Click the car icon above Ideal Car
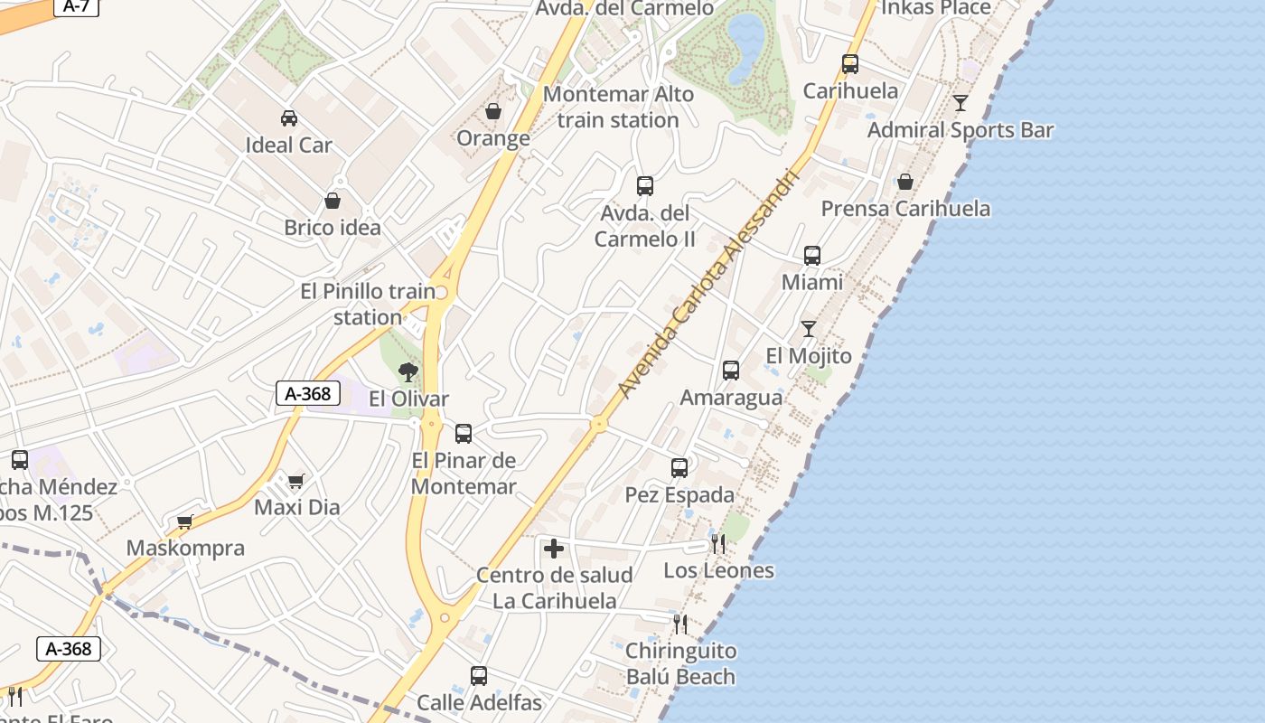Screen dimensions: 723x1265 point(289,117)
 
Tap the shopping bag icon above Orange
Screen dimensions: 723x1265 point(493,111)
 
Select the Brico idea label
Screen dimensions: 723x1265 point(333,227)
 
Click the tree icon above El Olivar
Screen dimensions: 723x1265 point(408,371)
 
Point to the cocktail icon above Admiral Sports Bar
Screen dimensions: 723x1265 point(960,103)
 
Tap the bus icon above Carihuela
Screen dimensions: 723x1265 point(850,64)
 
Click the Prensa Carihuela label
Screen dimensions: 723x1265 point(905,209)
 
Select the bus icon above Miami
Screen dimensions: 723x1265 point(812,256)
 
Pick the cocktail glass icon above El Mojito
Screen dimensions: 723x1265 point(809,329)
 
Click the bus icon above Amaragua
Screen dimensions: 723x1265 point(731,371)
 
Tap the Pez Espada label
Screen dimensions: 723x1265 point(679,495)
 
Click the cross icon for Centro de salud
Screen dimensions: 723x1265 point(554,549)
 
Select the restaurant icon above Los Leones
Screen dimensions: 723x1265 point(718,543)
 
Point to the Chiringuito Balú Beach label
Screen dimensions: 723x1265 point(680,663)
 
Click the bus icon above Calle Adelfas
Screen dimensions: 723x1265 point(479,675)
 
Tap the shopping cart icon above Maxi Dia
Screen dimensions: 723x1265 point(296,481)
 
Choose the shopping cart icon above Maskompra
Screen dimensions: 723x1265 point(185,521)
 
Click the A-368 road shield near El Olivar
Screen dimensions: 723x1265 point(308,393)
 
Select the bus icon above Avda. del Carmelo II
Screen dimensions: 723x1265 point(645,186)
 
